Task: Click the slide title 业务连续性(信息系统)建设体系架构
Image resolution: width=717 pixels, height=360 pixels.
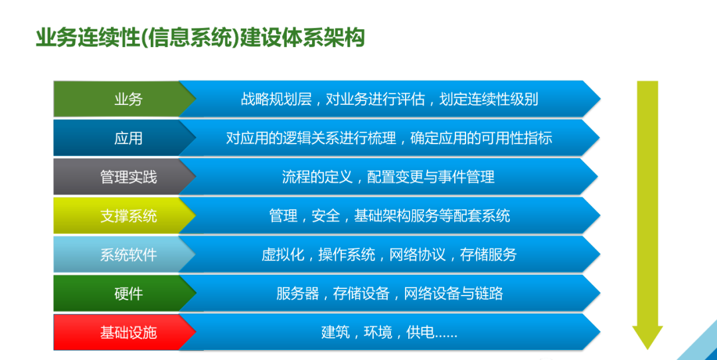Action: [200, 37]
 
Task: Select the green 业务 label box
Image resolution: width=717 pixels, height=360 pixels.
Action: [124, 99]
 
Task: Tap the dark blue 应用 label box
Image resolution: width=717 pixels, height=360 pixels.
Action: [124, 137]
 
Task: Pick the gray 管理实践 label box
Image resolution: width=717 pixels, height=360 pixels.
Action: [124, 177]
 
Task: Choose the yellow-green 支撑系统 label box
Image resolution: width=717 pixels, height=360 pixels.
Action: [124, 215]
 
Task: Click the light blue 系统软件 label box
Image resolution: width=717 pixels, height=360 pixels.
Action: [124, 254]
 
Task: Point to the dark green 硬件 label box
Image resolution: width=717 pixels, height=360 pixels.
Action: [124, 293]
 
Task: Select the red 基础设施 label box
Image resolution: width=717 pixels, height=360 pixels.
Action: [124, 332]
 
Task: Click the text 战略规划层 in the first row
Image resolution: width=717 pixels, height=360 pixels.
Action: [276, 99]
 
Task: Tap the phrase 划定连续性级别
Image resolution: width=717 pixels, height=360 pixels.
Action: [489, 99]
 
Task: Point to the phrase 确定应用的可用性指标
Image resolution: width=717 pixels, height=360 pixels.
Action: [481, 138]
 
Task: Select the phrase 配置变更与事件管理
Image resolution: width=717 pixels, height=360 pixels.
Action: [431, 177]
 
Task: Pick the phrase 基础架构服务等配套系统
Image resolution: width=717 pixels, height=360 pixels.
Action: [432, 216]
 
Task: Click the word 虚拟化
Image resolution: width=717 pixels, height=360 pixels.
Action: [283, 255]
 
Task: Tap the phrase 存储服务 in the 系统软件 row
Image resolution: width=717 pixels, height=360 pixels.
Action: [489, 255]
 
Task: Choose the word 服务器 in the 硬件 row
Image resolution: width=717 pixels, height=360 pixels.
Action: [297, 294]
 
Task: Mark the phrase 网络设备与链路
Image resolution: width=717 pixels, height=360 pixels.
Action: [453, 294]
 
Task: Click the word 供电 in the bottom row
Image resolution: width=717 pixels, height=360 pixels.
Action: [420, 333]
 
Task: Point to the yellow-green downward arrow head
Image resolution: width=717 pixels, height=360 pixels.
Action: [647, 336]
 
